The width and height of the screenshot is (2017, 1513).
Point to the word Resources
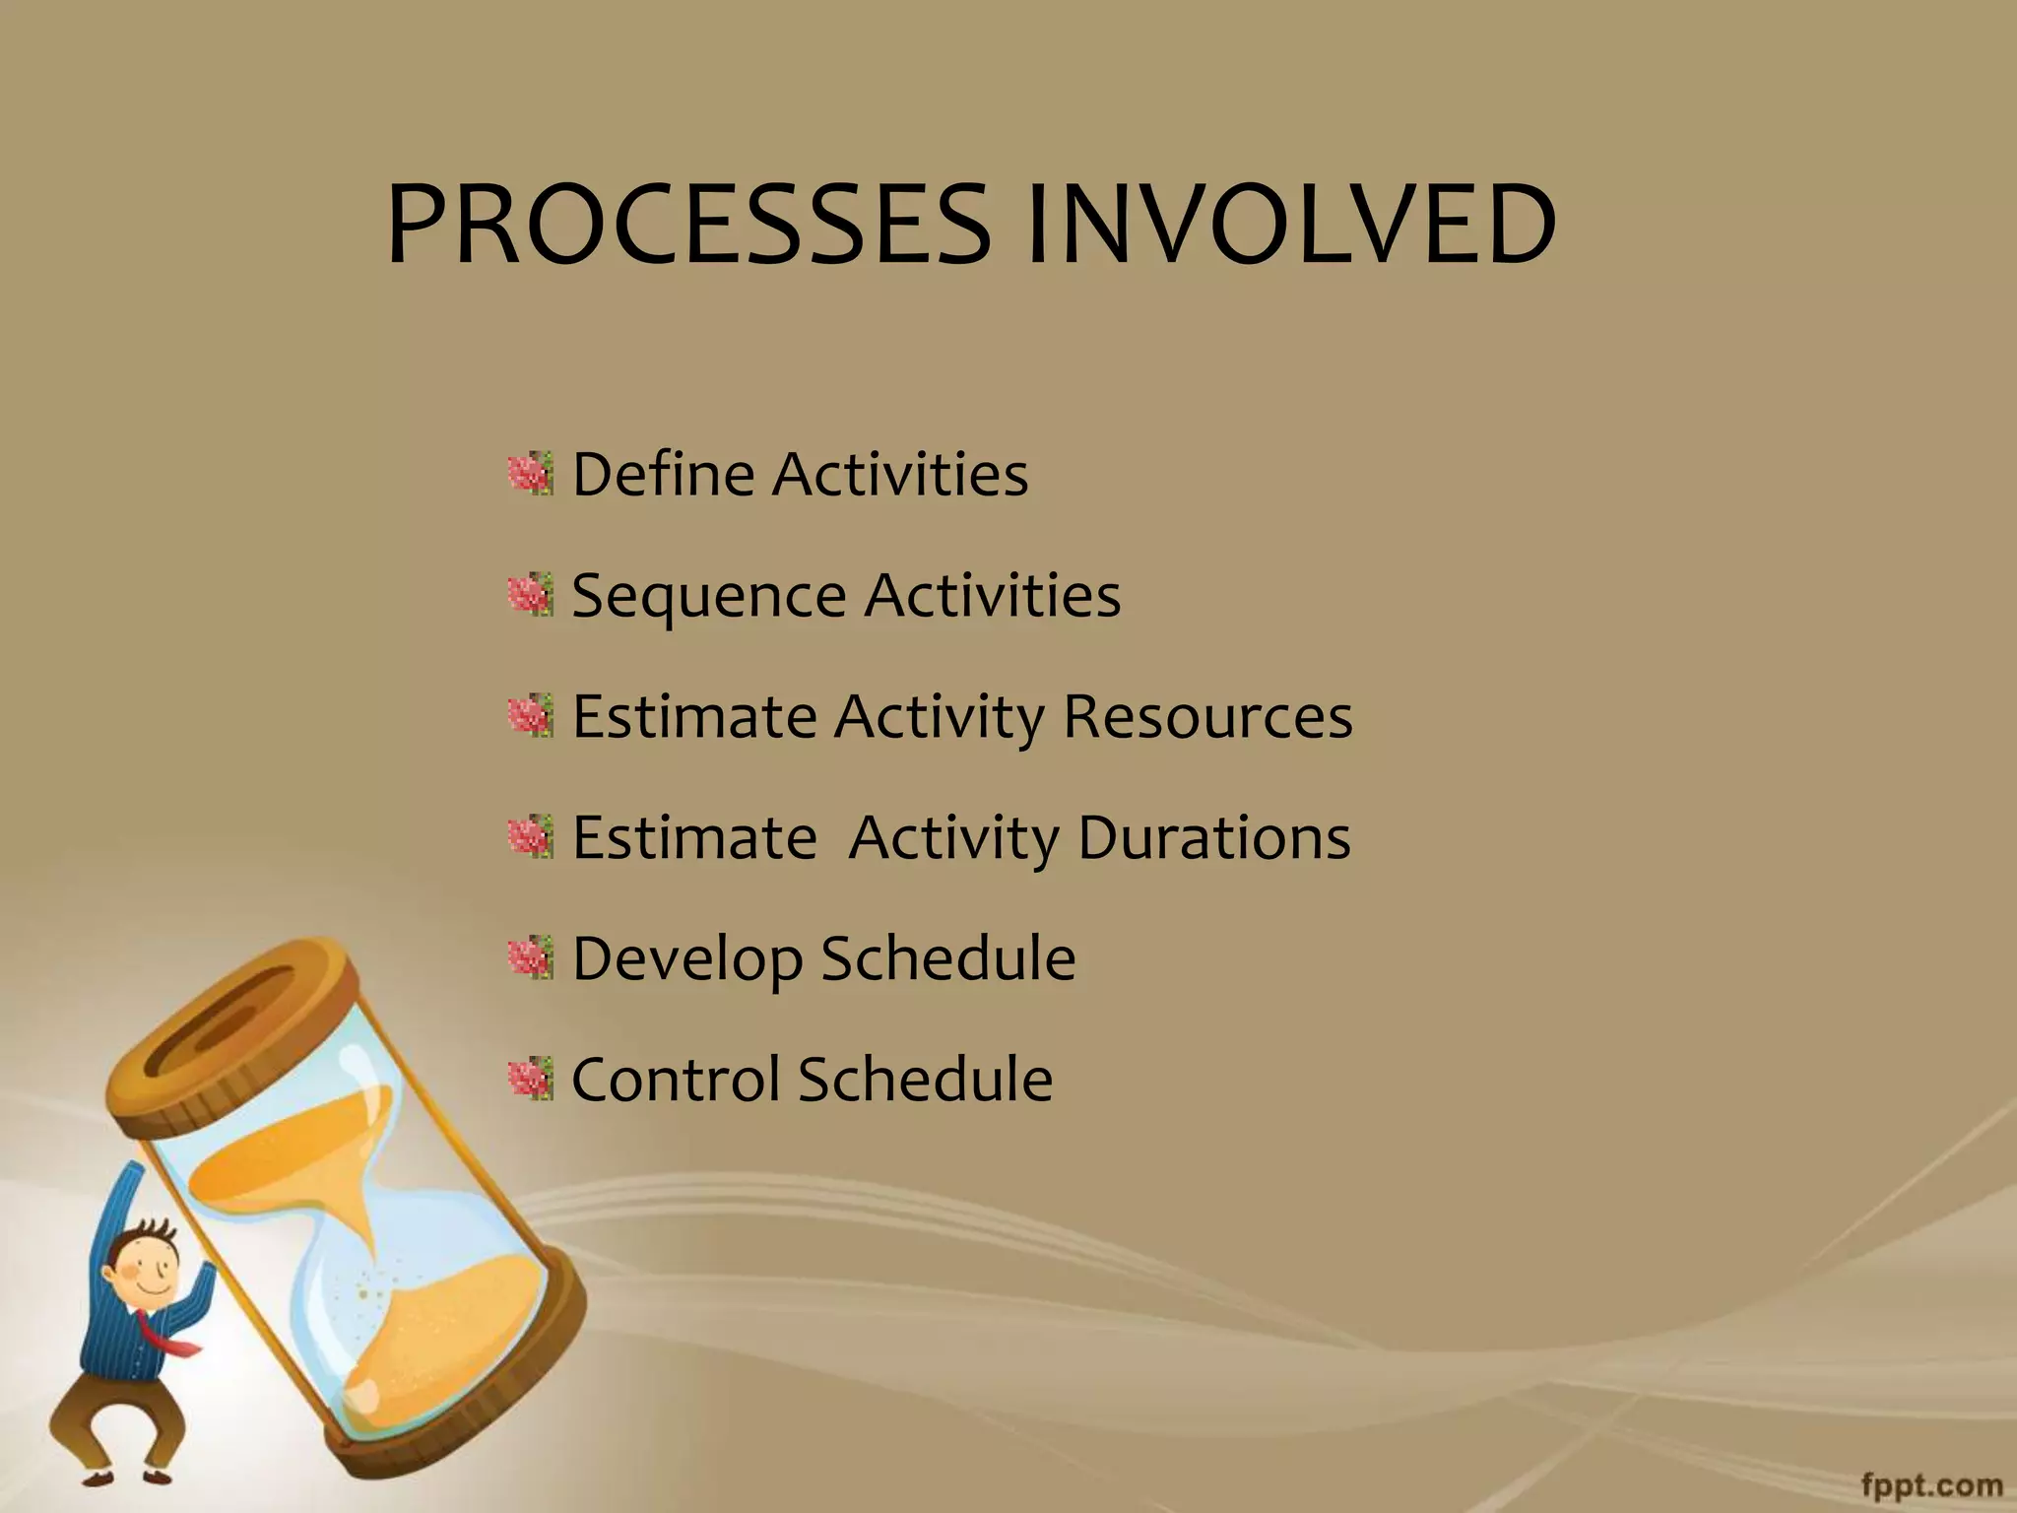coord(1207,716)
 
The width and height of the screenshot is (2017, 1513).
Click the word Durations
coord(1213,837)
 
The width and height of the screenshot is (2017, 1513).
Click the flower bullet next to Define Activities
coord(532,475)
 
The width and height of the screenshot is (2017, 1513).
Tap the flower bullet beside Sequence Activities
coord(532,595)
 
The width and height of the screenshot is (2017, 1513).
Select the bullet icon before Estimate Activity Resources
coord(532,716)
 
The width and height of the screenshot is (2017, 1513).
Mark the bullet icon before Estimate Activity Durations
coord(532,837)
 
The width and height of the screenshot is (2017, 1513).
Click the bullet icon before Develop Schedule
coord(532,958)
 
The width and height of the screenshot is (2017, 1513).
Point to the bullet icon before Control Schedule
coord(532,1080)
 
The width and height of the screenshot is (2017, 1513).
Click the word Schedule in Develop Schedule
coord(947,958)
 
